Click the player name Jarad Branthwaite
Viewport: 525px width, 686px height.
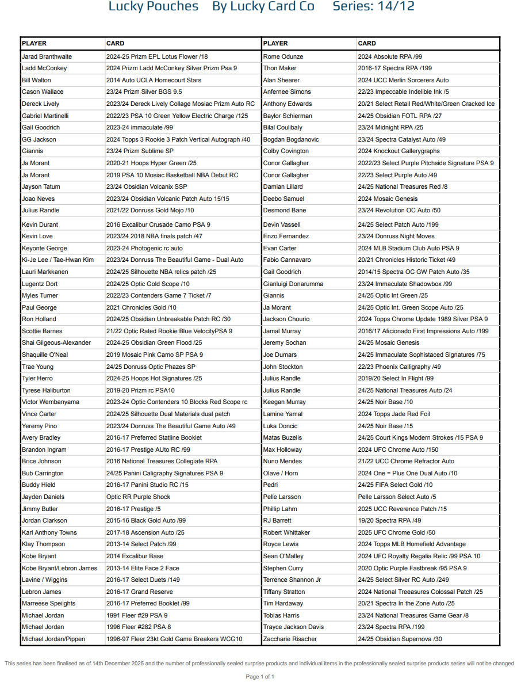point(47,56)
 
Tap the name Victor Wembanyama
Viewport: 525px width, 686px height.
point(51,402)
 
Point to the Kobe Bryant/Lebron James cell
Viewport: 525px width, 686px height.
point(59,568)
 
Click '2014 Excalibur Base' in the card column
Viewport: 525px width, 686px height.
point(135,556)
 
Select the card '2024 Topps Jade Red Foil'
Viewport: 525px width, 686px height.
point(393,414)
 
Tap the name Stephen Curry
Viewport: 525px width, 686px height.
point(283,568)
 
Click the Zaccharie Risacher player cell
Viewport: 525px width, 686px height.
point(290,639)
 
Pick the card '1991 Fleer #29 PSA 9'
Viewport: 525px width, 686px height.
point(137,615)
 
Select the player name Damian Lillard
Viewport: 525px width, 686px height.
point(282,186)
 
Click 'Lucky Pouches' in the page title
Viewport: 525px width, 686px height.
point(153,7)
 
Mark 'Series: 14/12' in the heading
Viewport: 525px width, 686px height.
point(373,7)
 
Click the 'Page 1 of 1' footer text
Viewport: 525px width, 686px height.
point(260,676)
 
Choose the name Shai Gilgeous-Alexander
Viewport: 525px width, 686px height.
point(56,343)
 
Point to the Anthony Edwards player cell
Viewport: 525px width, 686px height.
point(288,104)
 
